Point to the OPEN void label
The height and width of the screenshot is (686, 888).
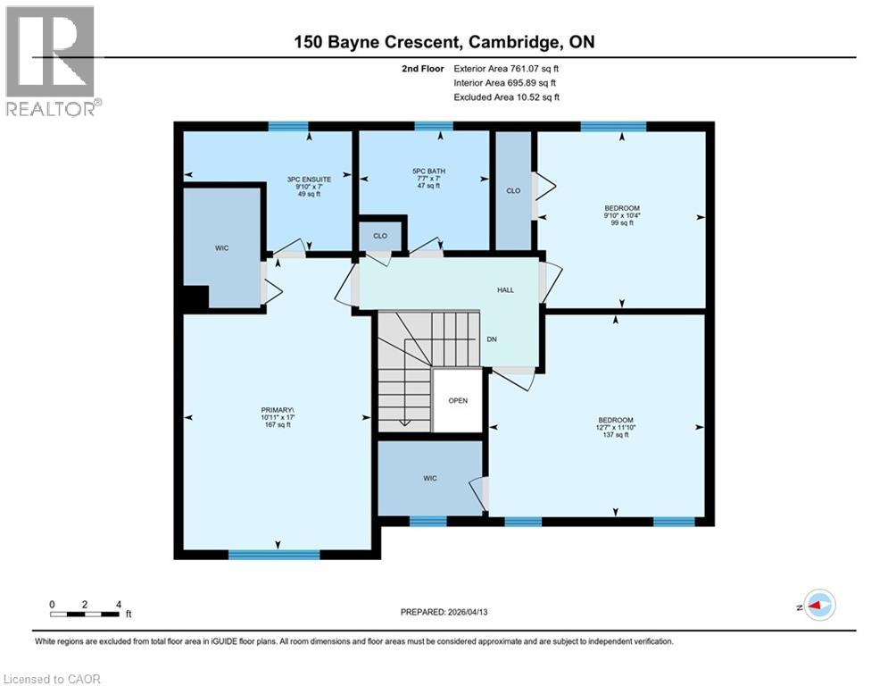(458, 401)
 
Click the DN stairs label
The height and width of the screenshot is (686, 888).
(491, 339)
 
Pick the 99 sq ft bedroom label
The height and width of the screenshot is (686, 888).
(621, 215)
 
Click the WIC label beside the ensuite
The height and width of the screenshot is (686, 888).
(221, 247)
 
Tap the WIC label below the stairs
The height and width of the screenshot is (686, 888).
(429, 479)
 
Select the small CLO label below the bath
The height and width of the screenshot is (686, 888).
(379, 237)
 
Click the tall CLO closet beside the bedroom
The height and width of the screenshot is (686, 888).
(513, 190)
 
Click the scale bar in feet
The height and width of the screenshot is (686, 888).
(86, 614)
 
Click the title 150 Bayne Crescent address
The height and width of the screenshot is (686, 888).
(444, 42)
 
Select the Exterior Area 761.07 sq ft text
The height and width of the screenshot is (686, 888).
(510, 68)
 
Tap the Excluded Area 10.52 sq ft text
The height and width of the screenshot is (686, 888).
(506, 97)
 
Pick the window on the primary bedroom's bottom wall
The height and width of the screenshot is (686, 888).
(273, 555)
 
